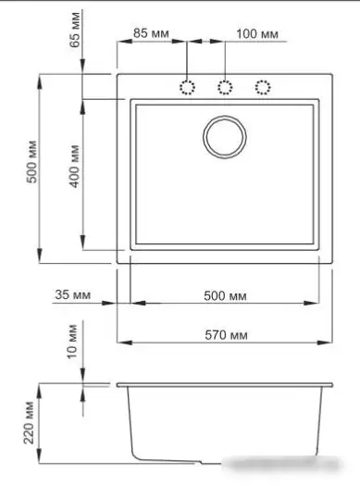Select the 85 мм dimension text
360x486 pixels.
[152, 33]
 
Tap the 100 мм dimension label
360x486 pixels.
[257, 33]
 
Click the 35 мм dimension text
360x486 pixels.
[73, 295]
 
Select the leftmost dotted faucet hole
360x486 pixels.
[188, 88]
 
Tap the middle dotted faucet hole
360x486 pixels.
[225, 88]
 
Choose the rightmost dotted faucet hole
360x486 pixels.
[262, 88]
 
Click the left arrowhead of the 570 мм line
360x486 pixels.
[121, 341]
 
